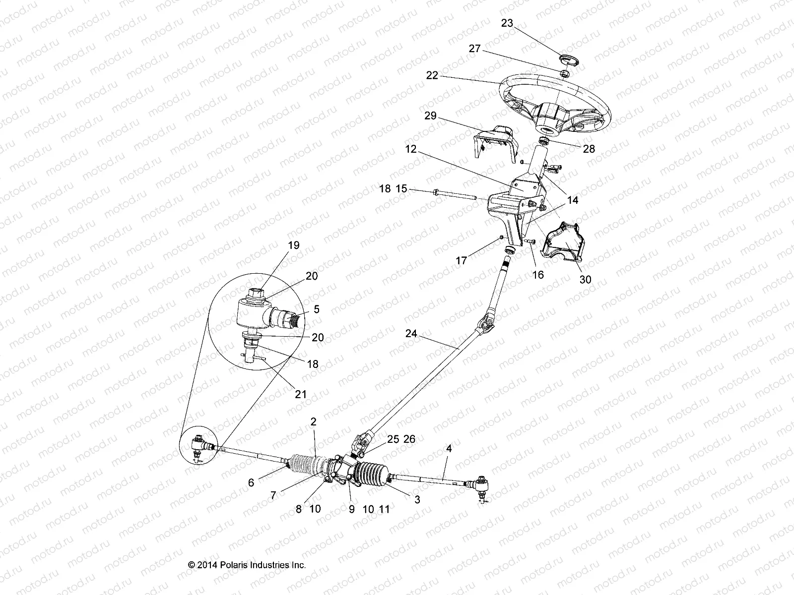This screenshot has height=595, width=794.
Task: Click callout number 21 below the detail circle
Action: tap(301, 395)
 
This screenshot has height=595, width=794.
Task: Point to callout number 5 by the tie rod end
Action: tap(317, 309)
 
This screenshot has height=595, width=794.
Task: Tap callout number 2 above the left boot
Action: tap(313, 421)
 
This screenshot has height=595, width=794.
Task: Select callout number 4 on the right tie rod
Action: tap(449, 449)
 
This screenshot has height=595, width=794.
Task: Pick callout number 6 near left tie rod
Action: tap(251, 482)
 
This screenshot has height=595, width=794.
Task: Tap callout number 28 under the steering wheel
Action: tap(589, 149)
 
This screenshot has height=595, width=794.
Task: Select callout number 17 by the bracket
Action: tap(462, 260)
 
